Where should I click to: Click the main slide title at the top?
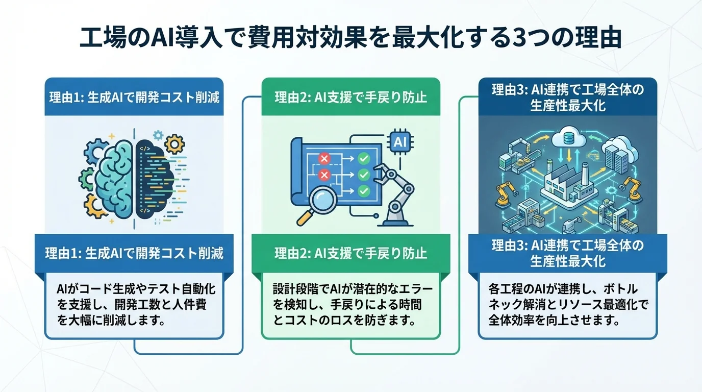point(350,39)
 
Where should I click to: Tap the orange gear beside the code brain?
point(175,145)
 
